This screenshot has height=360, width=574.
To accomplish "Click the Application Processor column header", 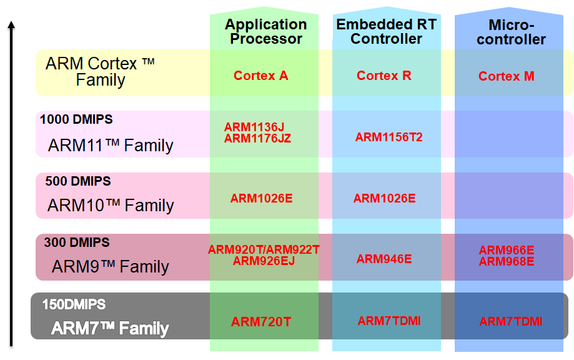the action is click(x=266, y=31).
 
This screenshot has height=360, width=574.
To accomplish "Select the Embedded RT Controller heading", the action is click(x=386, y=31).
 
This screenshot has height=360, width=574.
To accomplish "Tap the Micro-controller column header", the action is click(x=511, y=32).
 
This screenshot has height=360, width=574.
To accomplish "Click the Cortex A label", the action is click(x=260, y=76).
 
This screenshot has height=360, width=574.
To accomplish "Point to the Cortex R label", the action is click(x=384, y=76).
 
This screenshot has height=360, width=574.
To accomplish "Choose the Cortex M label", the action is click(x=507, y=76).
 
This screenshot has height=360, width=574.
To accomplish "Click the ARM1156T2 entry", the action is click(x=388, y=137).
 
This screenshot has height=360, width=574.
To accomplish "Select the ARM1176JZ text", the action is click(x=257, y=138).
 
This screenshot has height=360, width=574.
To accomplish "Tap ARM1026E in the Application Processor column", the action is click(x=261, y=199).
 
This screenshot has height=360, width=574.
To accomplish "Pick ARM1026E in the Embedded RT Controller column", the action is click(x=384, y=199).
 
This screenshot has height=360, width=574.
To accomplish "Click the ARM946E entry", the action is click(x=384, y=259).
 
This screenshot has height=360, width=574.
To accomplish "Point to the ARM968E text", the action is click(x=507, y=261).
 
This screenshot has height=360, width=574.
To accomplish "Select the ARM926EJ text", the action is click(x=264, y=261).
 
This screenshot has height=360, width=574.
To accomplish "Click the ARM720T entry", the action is click(x=261, y=322).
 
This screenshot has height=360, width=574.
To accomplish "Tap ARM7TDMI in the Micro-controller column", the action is click(x=511, y=321).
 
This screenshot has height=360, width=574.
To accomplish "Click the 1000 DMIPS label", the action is click(x=76, y=119).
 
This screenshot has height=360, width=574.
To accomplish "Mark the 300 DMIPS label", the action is click(x=77, y=242).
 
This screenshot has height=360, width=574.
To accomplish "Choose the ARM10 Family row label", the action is click(x=111, y=205).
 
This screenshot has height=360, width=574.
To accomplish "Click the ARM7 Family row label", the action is click(x=110, y=328).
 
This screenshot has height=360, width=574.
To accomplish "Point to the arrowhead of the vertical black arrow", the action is click(x=11, y=25).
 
